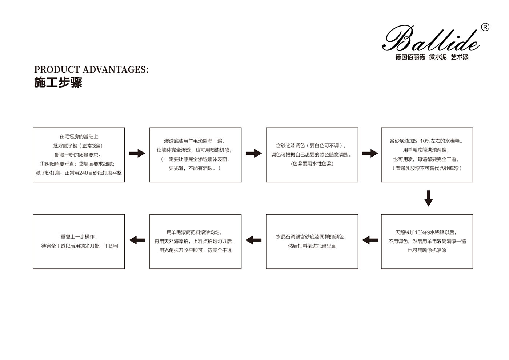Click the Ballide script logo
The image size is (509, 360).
431,39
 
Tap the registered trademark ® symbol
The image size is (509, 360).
485,28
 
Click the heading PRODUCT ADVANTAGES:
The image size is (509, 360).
91,70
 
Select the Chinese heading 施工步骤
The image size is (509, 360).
58,82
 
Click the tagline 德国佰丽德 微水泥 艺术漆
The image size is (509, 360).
432,57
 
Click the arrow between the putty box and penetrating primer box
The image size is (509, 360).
137,153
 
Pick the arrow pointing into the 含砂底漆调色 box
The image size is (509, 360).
254,153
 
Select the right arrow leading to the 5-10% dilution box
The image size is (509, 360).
370,153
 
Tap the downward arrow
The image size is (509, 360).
429,198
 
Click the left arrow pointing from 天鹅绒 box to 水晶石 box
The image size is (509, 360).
370,240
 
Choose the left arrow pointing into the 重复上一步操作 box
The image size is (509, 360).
137,240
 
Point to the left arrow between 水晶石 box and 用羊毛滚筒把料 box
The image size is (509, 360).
253,240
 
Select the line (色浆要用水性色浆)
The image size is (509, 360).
312,164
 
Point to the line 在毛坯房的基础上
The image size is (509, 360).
79,137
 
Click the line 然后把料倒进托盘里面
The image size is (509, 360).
312,246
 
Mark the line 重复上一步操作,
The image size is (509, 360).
79,237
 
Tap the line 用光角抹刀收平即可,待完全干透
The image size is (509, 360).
196,250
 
